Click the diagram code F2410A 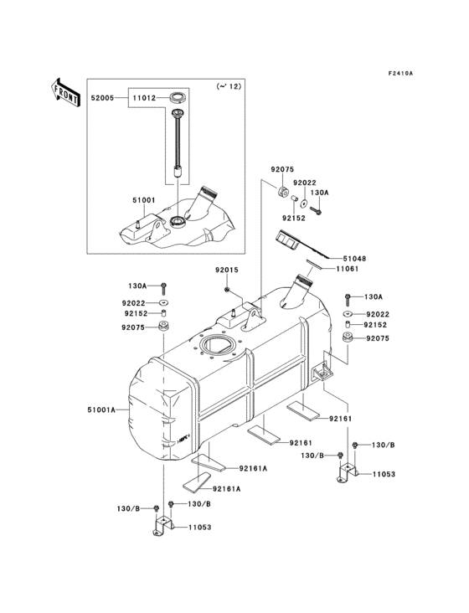pos(400,73)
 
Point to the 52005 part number pos(105,98)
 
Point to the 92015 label pos(227,270)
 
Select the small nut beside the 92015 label pos(228,289)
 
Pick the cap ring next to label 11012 pos(177,98)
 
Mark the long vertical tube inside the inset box pos(178,142)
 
